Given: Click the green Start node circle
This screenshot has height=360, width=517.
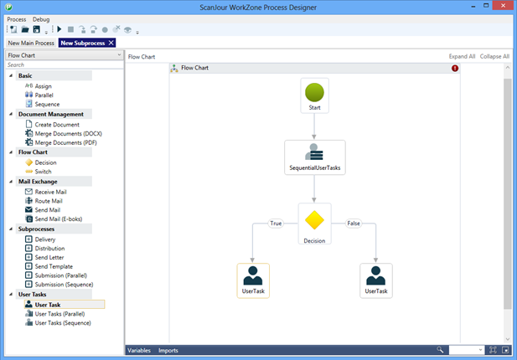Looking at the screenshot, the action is (x=314, y=92).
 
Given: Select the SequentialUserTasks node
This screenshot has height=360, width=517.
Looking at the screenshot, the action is (x=315, y=157).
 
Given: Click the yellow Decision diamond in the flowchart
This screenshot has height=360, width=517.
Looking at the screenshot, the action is (x=314, y=219).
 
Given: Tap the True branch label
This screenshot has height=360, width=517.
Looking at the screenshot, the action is (x=276, y=224).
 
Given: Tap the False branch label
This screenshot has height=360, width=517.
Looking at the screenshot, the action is (x=354, y=224).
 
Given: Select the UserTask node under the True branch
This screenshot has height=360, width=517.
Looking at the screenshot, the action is (x=253, y=280).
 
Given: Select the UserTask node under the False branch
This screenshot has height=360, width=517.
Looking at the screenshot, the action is (x=376, y=280).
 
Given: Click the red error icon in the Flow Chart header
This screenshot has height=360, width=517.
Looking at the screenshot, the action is (x=455, y=68).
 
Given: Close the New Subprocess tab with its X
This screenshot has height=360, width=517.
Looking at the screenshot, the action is (x=111, y=43).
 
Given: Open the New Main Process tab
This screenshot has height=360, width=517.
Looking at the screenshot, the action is (x=31, y=43).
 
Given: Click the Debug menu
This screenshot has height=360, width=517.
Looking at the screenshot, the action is (x=41, y=19).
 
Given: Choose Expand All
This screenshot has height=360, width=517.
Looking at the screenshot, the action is (x=462, y=56).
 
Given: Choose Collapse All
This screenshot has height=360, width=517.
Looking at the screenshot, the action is (x=494, y=56).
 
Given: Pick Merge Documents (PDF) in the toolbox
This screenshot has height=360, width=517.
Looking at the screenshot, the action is (x=65, y=142).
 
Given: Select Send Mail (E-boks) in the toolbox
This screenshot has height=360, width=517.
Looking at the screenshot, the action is (x=59, y=219).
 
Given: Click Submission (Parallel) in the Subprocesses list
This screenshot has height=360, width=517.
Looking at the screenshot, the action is (x=60, y=275).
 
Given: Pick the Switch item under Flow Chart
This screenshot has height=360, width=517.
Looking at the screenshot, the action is (x=43, y=172).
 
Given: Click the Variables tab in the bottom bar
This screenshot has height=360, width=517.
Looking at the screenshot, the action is (x=139, y=351).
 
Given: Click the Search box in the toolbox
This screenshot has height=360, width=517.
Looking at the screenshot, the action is (x=65, y=65).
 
